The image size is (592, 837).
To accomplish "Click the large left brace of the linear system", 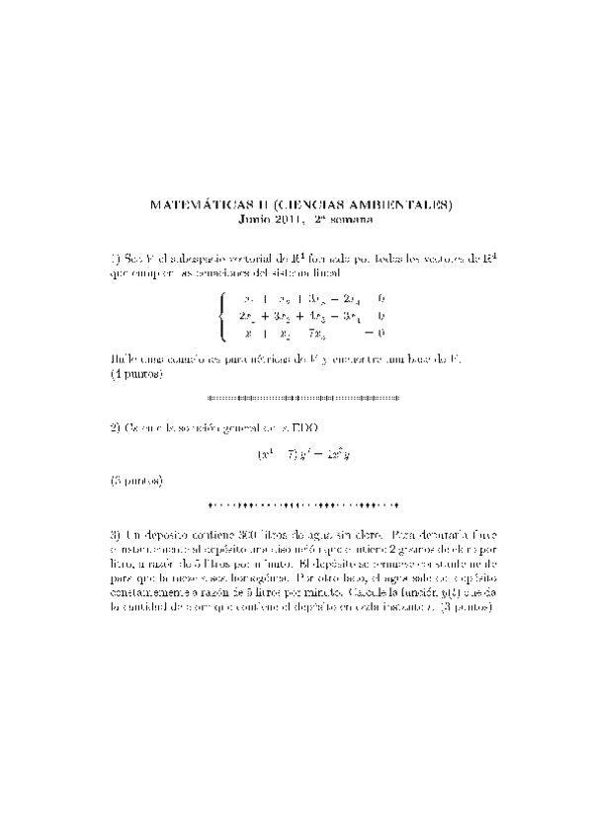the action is [225, 316].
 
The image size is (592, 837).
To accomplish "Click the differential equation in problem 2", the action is [296, 455].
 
